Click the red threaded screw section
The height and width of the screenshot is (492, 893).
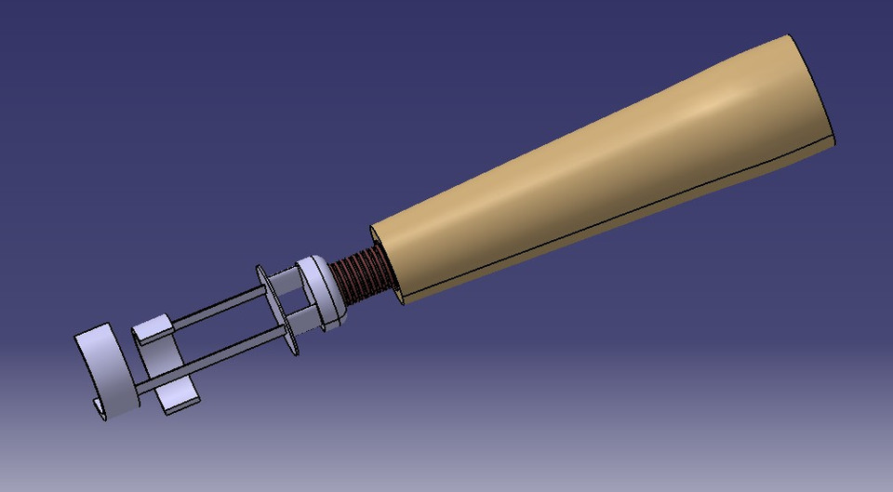pyautogui.click(x=357, y=280)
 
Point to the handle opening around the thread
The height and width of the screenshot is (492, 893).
pyautogui.click(x=386, y=265)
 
